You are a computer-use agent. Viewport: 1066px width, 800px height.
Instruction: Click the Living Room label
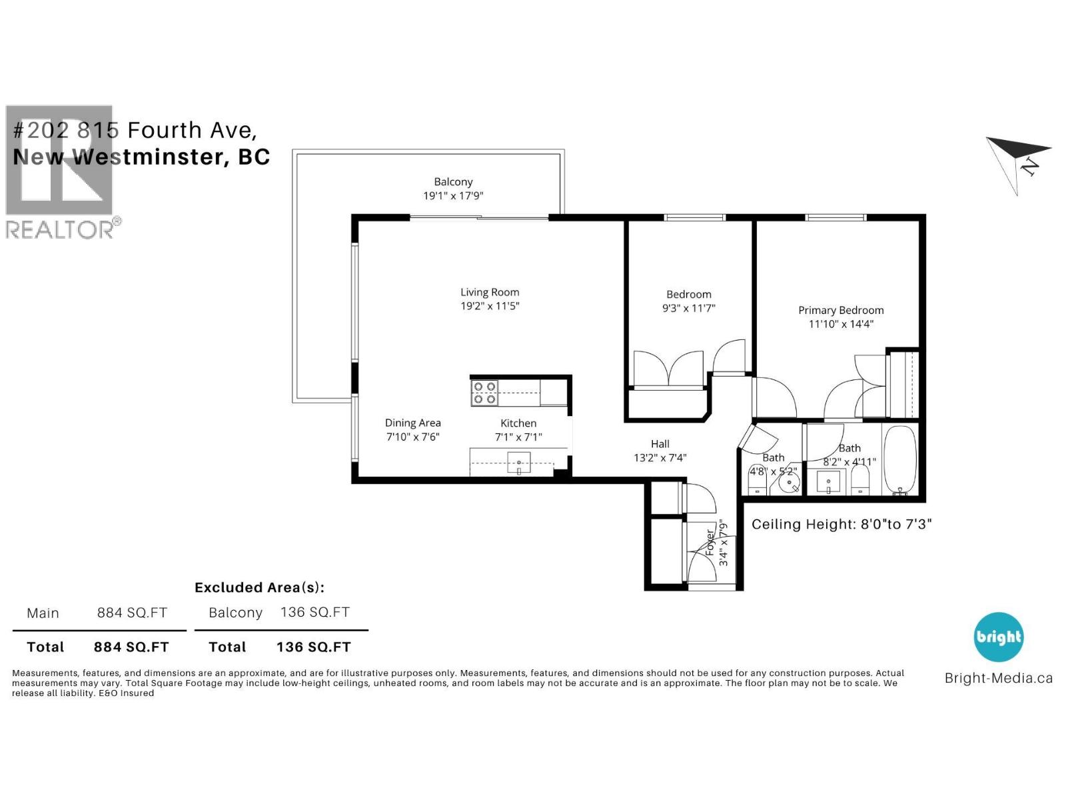tap(490, 292)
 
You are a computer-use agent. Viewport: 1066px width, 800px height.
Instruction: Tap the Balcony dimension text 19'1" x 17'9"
tap(453, 196)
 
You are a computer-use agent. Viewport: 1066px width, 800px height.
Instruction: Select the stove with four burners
tap(484, 393)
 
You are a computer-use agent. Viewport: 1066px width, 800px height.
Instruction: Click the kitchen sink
tap(520, 462)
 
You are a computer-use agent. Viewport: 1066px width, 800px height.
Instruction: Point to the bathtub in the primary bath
tap(900, 459)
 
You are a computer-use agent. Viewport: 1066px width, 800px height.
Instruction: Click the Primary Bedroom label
tap(841, 310)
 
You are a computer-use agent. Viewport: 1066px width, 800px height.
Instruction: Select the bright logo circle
tap(998, 637)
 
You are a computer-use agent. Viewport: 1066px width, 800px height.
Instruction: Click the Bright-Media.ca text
tap(998, 679)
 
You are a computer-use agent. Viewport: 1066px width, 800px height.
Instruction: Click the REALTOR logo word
tap(60, 229)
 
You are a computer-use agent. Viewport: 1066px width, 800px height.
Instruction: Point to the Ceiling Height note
tap(841, 524)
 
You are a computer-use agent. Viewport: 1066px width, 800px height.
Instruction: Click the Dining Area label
tap(412, 423)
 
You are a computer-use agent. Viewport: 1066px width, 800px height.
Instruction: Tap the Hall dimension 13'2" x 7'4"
tap(660, 458)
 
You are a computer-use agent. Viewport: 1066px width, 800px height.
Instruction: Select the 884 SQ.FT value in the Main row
tap(132, 613)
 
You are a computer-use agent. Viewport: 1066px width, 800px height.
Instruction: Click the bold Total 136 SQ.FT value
tap(313, 647)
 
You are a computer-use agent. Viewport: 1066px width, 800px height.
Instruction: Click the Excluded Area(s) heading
tap(259, 587)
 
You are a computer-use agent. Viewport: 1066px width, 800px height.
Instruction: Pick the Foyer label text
tap(710, 543)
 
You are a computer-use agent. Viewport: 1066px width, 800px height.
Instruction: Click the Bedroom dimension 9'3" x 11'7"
tap(688, 309)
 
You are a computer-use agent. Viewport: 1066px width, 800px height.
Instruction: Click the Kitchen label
tap(518, 423)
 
